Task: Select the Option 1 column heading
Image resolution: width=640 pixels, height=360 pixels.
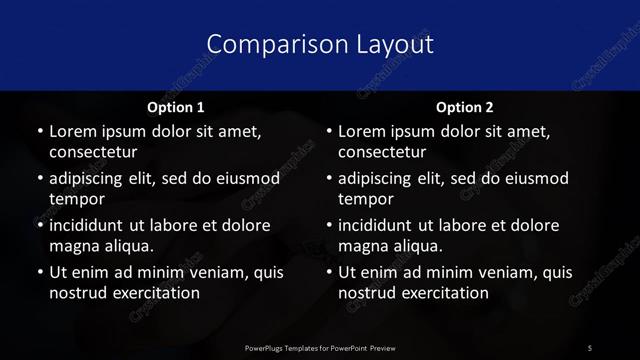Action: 175,107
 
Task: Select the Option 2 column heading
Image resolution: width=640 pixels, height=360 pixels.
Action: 465,107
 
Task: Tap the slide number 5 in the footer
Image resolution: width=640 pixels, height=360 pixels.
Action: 590,347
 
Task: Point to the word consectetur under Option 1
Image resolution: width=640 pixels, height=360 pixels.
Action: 93,153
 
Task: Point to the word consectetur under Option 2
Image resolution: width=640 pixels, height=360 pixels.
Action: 383,153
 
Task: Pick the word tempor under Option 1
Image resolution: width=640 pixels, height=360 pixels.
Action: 77,200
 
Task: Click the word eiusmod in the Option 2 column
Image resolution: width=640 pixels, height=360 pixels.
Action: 536,179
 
